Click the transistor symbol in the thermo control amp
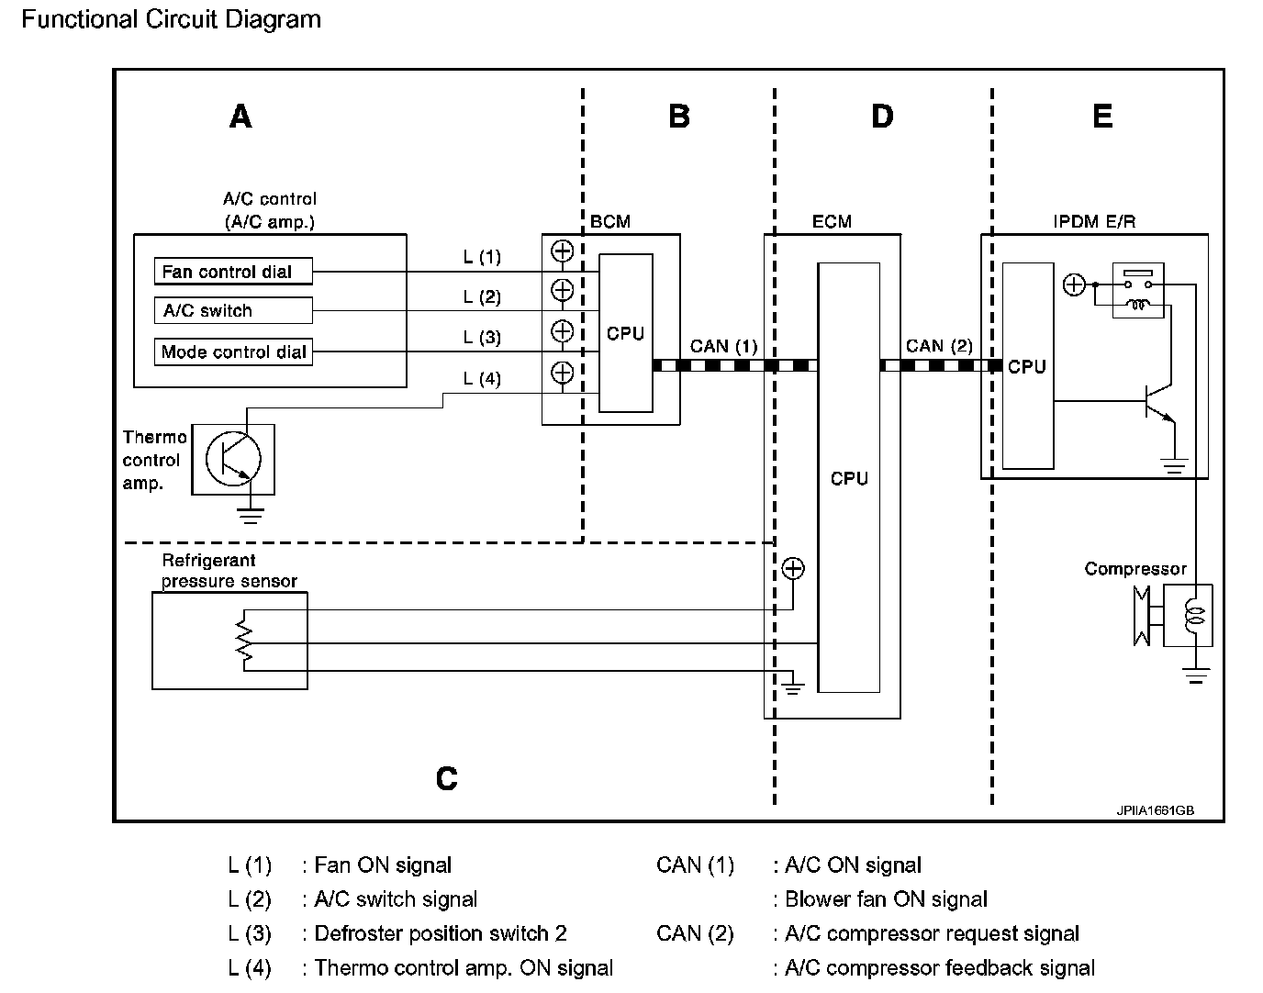(x=233, y=459)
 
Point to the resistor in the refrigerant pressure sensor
(x=243, y=641)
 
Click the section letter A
(x=240, y=117)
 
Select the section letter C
(x=447, y=778)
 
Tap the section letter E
(x=1102, y=116)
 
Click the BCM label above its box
(x=609, y=221)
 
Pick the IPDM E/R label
(x=1094, y=221)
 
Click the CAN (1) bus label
(x=723, y=346)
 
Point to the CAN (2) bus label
(x=939, y=346)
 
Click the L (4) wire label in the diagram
(x=482, y=378)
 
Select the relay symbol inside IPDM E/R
(x=1138, y=291)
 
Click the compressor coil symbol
(x=1192, y=616)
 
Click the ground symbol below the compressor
(x=1196, y=675)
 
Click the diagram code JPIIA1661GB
(x=1155, y=810)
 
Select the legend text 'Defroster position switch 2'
(x=441, y=933)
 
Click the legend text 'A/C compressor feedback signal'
(x=940, y=968)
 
